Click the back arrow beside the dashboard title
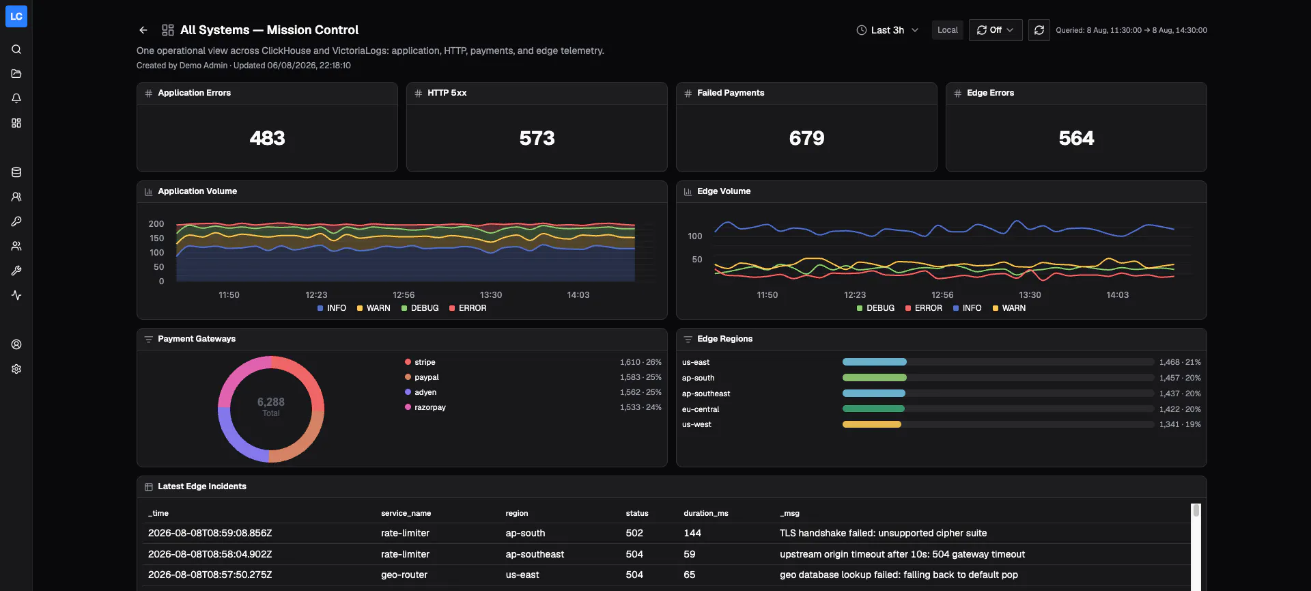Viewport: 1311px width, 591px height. [x=143, y=30]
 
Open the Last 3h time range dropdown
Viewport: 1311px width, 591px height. [x=888, y=30]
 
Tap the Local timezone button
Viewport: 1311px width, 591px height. [x=947, y=30]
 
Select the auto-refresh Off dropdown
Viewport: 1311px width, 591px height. [x=996, y=30]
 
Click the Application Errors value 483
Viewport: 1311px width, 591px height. [x=267, y=138]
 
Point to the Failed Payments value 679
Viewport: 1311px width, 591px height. [x=806, y=138]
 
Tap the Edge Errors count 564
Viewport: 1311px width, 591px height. [x=1076, y=138]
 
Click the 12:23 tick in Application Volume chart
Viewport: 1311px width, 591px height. [x=316, y=295]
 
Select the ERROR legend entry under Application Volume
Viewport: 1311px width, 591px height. [x=468, y=308]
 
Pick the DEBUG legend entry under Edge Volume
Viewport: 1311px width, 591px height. [x=875, y=308]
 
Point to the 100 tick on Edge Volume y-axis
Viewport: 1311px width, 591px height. [x=695, y=236]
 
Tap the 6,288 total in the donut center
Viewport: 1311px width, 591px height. [x=271, y=402]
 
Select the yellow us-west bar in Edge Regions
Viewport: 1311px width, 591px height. [x=872, y=424]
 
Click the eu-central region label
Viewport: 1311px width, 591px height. [x=701, y=409]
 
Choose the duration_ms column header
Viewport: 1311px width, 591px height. [x=706, y=513]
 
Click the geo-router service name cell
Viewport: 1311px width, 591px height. [x=404, y=575]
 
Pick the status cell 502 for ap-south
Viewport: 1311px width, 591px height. [x=634, y=533]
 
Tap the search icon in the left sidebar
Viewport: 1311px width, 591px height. [x=16, y=49]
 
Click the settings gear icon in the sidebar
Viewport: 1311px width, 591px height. [x=16, y=369]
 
